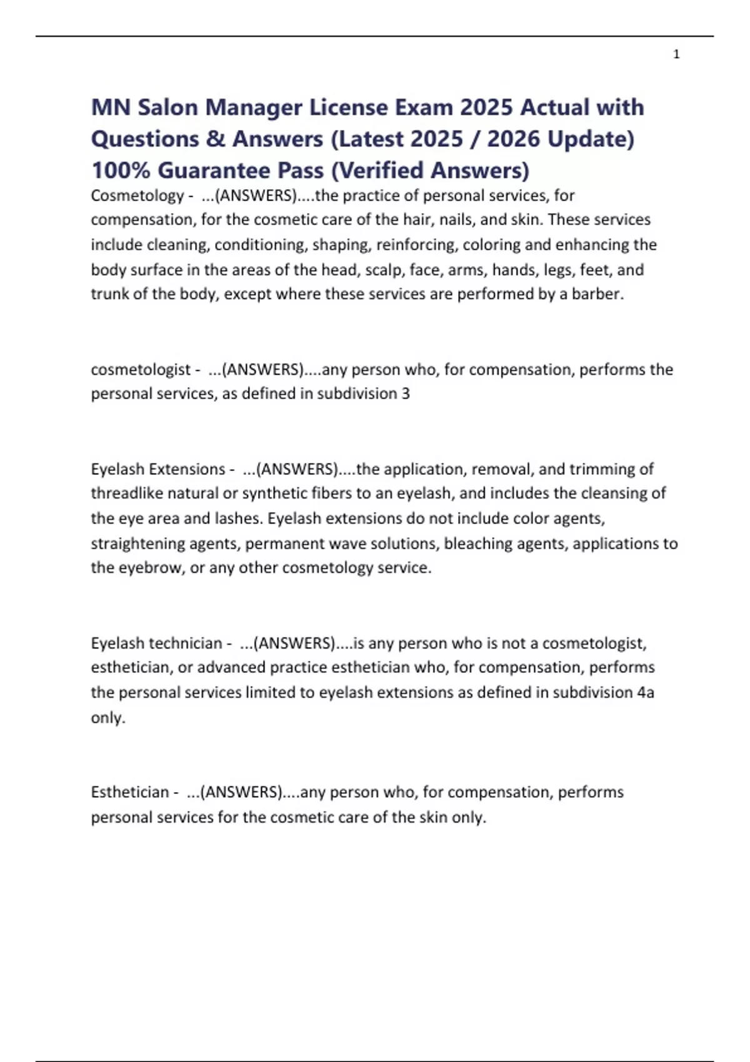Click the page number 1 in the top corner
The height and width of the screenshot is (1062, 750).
676,55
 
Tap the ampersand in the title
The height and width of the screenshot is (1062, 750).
215,139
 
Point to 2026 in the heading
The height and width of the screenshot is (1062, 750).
512,139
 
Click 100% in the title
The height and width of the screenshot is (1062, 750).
120,170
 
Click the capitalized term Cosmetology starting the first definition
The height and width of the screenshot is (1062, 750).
137,196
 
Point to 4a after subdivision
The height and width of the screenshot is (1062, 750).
645,693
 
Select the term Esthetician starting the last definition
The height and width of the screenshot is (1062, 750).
129,792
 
